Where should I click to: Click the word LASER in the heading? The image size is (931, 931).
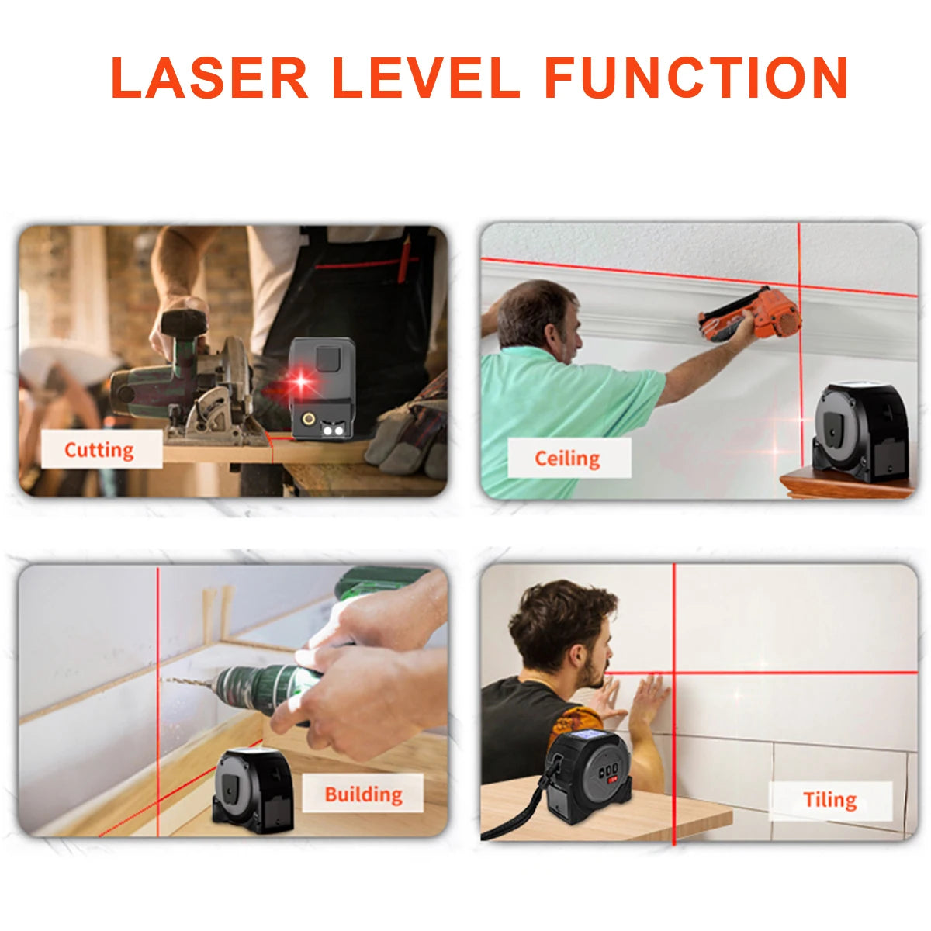pyautogui.click(x=209, y=78)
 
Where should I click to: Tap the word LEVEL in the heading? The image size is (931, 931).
pyautogui.click(x=426, y=78)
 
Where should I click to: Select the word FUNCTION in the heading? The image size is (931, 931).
pyautogui.click(x=696, y=78)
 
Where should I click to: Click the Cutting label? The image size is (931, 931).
pyautogui.click(x=99, y=450)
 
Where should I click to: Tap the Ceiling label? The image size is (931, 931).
pyautogui.click(x=568, y=459)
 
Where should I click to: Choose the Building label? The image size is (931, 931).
pyautogui.click(x=363, y=794)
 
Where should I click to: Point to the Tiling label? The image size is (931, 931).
pyautogui.click(x=829, y=800)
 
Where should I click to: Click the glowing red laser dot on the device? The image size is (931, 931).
pyautogui.click(x=299, y=381)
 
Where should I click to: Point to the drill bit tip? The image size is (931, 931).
pyautogui.click(x=164, y=680)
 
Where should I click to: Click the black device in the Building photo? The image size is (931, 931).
pyautogui.click(x=253, y=791)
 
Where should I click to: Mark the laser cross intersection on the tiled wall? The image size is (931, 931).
pyautogui.click(x=673, y=673)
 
